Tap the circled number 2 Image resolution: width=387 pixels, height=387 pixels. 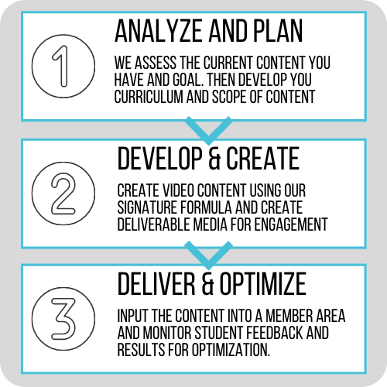63,193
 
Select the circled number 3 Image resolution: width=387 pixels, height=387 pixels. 63,319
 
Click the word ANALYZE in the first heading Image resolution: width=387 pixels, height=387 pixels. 159,31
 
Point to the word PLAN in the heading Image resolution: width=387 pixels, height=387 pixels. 278,31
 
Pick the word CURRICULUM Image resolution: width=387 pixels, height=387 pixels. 149,97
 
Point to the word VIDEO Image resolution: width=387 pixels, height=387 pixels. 178,190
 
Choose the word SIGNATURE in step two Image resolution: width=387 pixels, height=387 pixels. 147,207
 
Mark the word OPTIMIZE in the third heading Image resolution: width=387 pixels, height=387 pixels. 263,284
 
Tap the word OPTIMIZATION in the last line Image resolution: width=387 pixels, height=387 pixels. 231,350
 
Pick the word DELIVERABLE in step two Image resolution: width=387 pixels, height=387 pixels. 154,224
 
